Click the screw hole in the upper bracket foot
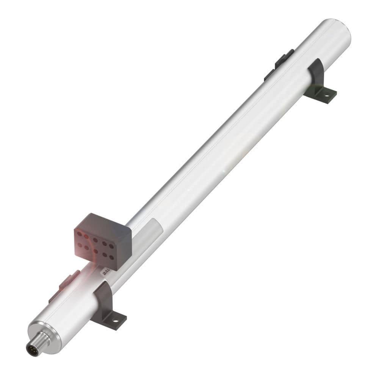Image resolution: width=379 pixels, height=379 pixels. (325, 95)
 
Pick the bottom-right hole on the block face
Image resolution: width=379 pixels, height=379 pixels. (111, 257)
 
